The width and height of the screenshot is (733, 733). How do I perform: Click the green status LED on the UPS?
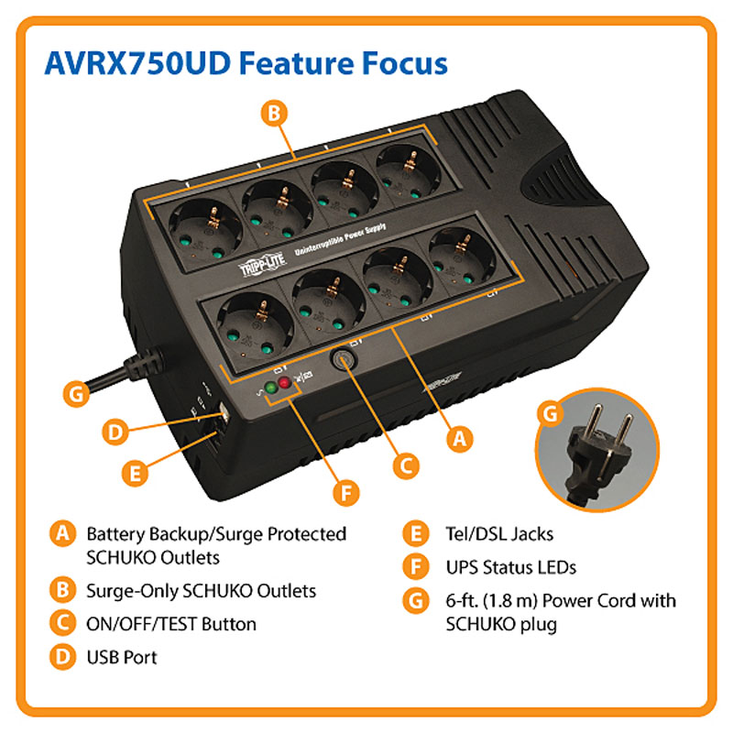pos(270,388)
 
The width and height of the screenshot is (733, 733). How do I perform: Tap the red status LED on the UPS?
pos(284,383)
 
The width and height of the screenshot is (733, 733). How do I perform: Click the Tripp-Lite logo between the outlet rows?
pos(262,266)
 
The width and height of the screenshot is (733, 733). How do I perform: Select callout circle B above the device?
pos(274,113)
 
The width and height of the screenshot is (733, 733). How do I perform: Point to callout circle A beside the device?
pos(460,439)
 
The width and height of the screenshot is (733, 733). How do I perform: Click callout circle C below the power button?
pos(406,465)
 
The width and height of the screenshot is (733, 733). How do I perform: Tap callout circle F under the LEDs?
pos(346,493)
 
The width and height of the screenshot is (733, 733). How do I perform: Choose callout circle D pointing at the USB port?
pos(115,432)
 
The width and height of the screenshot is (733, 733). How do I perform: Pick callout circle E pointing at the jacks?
pos(135,473)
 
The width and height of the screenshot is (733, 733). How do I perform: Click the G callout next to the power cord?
pos(77,394)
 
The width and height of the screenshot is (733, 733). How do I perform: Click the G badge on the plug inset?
pos(551,413)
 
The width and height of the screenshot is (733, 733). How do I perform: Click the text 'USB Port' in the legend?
pos(122,657)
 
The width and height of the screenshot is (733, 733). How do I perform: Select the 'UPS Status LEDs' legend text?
pos(511,567)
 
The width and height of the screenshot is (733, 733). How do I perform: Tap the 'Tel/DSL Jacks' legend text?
pos(499,534)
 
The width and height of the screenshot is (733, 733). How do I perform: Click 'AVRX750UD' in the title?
pos(137,62)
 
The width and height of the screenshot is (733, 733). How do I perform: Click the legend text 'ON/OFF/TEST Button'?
pos(171,624)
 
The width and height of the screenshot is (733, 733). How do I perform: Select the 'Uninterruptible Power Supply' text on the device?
pos(340,239)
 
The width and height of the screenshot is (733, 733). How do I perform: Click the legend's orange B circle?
pos(62,590)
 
